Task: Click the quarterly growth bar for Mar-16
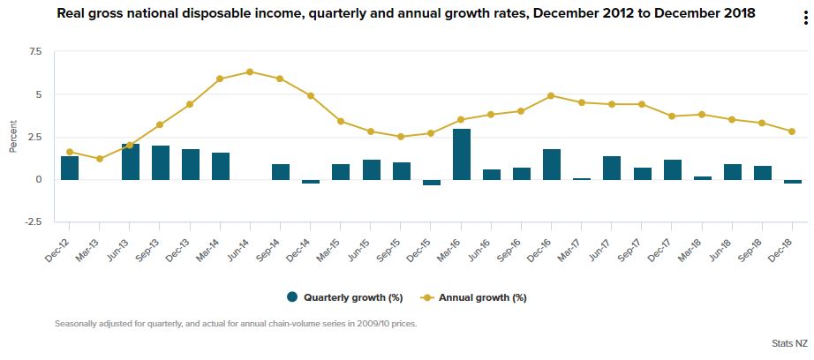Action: tap(461, 154)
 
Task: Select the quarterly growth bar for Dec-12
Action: tap(70, 168)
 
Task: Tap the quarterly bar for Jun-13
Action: tap(130, 161)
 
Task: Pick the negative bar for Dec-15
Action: tap(431, 182)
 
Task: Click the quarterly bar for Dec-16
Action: tap(552, 164)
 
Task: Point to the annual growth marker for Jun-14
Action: tap(250, 71)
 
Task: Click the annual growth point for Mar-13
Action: tap(100, 159)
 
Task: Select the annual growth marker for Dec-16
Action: tap(552, 95)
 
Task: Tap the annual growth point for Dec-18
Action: tap(792, 131)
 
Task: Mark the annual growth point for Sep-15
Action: tap(401, 137)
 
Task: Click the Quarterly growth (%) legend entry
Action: tap(340, 297)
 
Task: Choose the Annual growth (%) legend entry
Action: tap(477, 297)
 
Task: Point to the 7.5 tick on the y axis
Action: tap(35, 52)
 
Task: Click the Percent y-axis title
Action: tap(12, 137)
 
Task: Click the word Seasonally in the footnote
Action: tap(77, 323)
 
